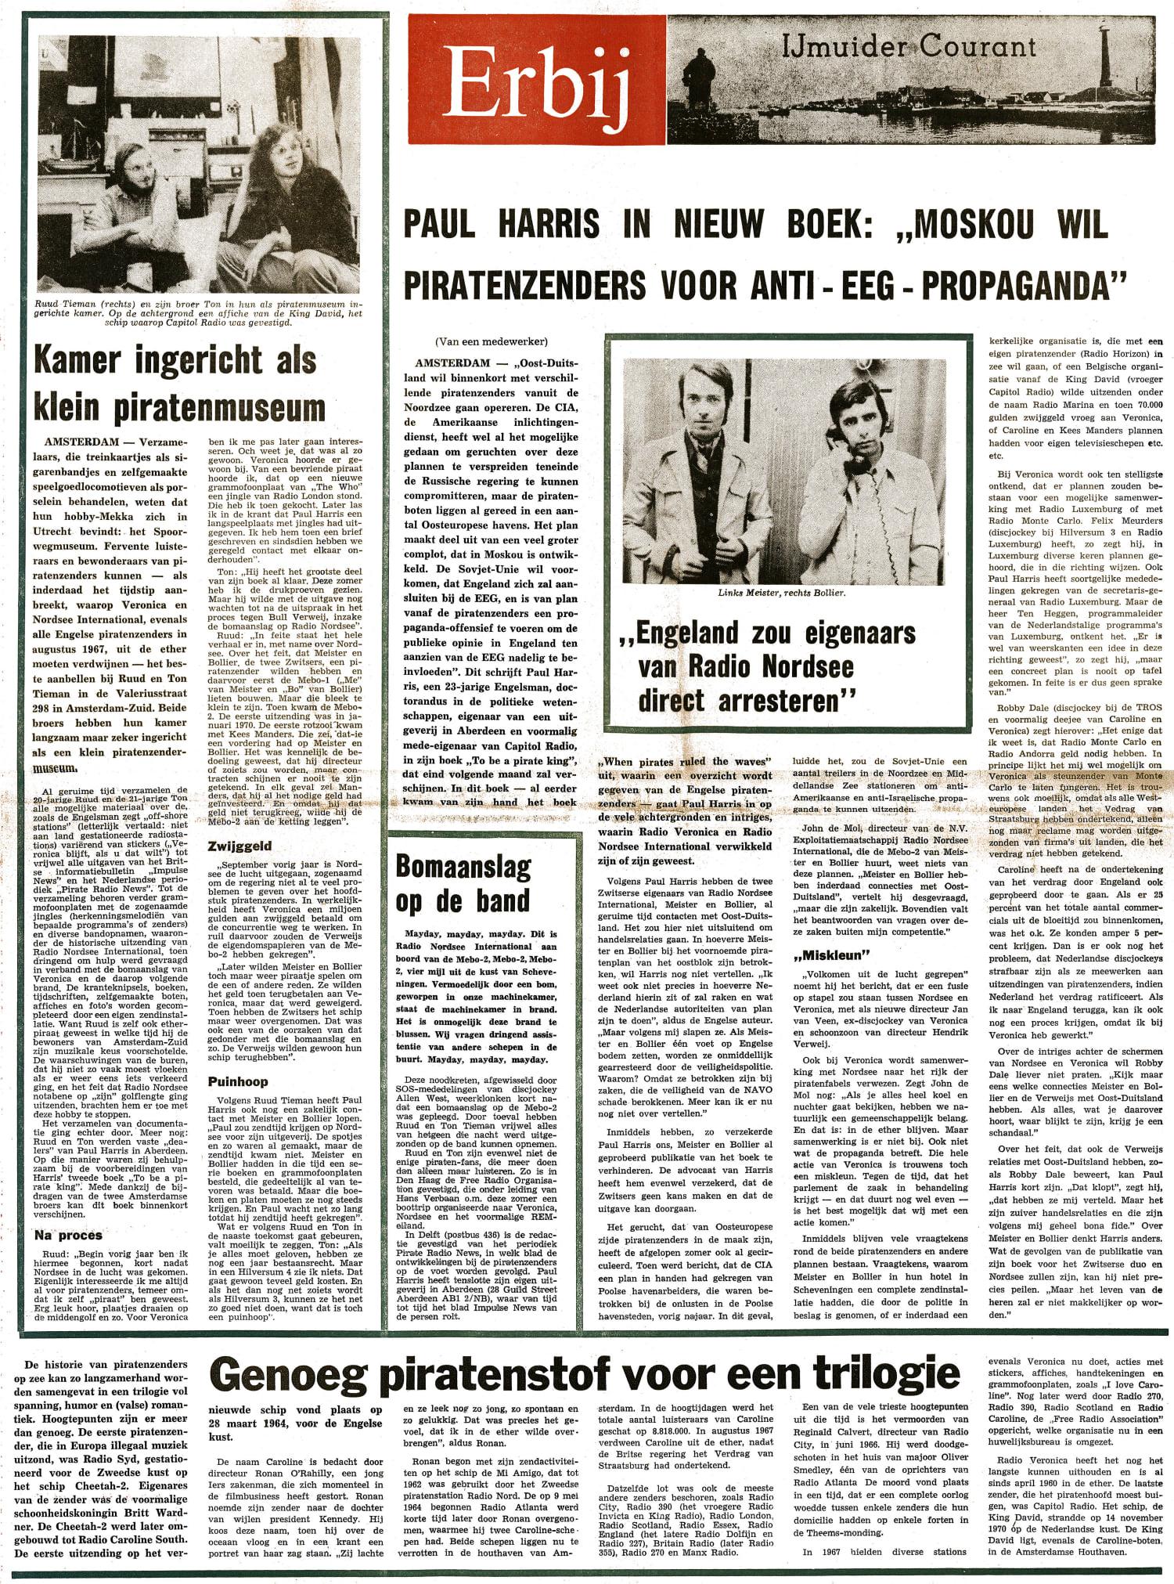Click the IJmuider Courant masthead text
click(x=908, y=47)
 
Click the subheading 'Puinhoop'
click(x=238, y=1081)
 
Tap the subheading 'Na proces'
click(x=69, y=1235)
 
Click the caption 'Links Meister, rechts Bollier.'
click(x=782, y=592)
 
